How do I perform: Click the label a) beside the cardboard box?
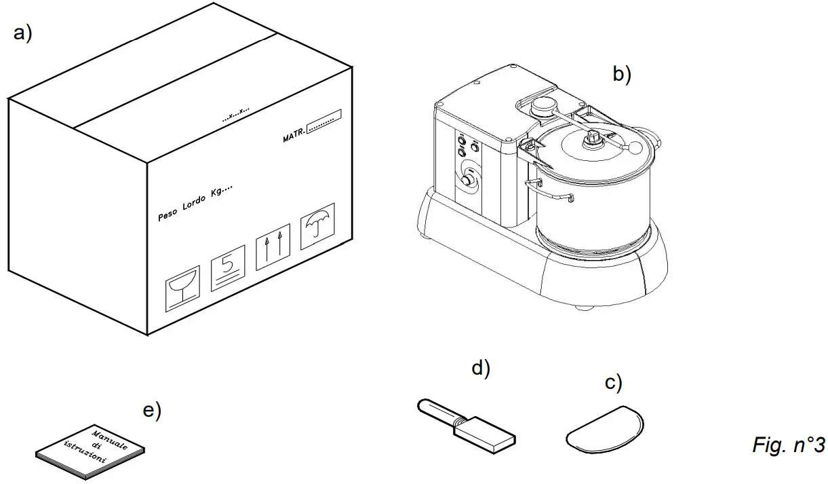[x=22, y=34]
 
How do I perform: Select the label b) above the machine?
[x=621, y=73]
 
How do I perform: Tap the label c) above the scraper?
[x=613, y=384]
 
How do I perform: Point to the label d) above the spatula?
[x=480, y=369]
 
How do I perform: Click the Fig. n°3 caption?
[x=788, y=445]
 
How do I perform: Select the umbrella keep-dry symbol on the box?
[x=319, y=220]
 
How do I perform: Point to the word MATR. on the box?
[x=294, y=138]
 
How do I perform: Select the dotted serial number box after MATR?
[x=323, y=122]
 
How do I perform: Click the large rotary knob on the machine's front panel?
[x=468, y=181]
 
